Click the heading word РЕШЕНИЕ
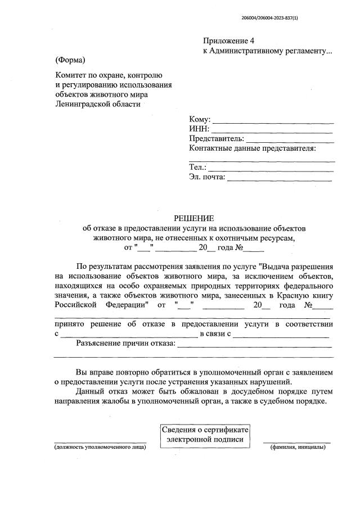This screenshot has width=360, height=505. coord(193,218)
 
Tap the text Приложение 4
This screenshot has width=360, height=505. coord(229,41)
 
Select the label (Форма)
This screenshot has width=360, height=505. coord(70,60)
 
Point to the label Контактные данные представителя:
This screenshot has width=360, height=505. coord(253,148)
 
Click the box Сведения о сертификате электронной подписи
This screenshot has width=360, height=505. coord(204,435)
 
